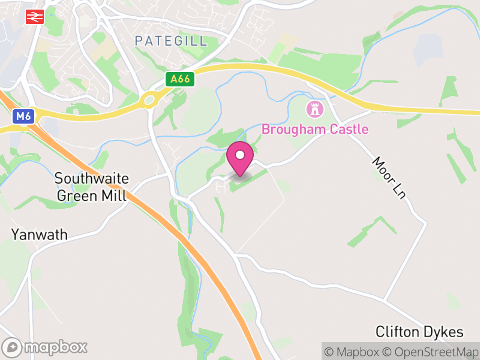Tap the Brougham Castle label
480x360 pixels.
(315, 129)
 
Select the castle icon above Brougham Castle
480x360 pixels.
(314, 109)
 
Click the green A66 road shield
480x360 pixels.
(181, 79)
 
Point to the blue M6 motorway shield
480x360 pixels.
(23, 116)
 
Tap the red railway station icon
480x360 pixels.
(34, 17)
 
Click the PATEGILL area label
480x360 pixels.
(171, 41)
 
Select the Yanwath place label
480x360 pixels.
(40, 234)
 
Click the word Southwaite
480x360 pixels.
(91, 178)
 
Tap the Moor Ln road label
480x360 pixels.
(389, 178)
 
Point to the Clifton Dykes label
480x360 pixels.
(419, 332)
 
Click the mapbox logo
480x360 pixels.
(46, 347)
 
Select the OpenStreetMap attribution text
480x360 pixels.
(432, 352)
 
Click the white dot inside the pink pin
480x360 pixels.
(240, 155)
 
